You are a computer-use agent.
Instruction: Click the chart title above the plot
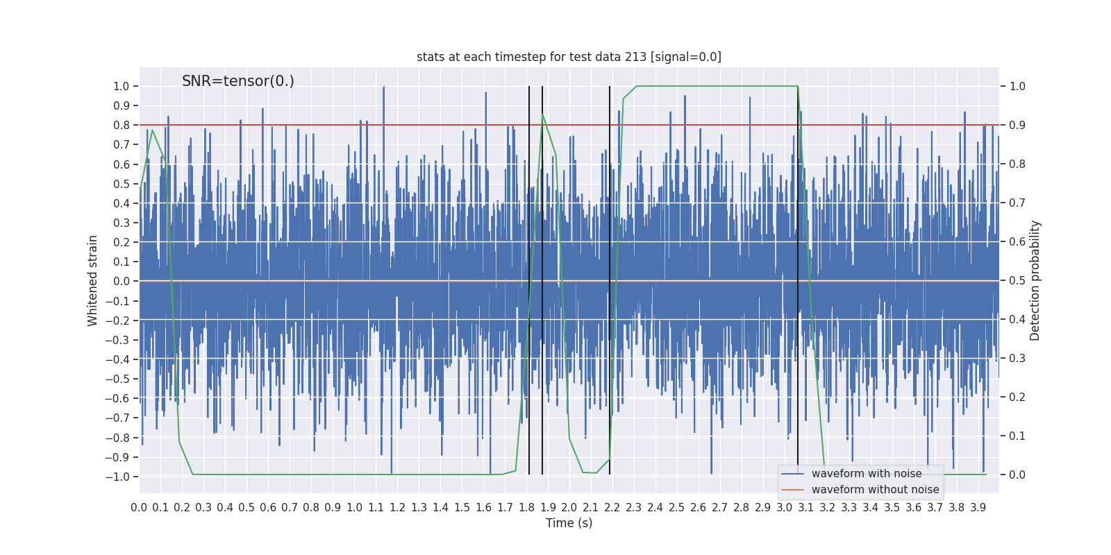click(569, 57)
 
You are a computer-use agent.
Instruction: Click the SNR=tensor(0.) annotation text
click(238, 81)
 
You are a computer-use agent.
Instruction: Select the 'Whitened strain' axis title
click(93, 280)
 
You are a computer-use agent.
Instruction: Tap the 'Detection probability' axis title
click(1035, 280)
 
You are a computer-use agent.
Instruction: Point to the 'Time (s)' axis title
click(569, 523)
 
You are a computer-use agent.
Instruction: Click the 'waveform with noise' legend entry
click(867, 474)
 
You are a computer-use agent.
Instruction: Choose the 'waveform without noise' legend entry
click(875, 490)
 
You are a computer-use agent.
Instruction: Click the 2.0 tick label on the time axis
click(569, 507)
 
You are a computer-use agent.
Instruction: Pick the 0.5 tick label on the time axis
click(247, 507)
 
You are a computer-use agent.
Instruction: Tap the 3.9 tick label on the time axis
click(978, 507)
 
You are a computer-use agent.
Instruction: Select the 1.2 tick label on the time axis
click(397, 507)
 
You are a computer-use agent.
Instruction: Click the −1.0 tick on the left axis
click(117, 477)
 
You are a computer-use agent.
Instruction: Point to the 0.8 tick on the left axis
click(122, 126)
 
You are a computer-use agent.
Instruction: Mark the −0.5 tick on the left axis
click(117, 379)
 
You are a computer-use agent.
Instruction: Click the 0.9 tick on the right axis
click(1017, 126)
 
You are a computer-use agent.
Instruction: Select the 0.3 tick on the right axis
click(1017, 359)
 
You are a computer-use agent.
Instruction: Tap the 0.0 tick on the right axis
click(1017, 475)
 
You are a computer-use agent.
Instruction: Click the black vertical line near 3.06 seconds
click(798, 277)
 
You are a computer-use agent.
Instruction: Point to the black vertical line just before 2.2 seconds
click(610, 277)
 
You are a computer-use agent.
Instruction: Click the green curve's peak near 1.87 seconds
click(542, 114)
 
